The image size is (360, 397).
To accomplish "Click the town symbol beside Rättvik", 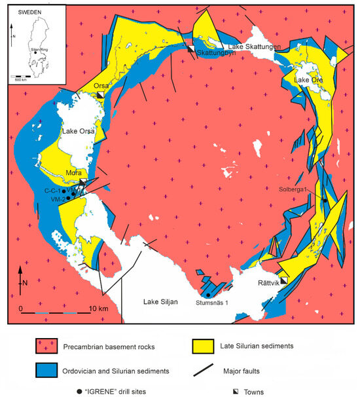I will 284,280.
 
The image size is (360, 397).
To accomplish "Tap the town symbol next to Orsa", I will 100,96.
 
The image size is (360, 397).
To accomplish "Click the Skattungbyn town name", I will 215,53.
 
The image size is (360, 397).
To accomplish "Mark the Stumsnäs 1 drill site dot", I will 207,294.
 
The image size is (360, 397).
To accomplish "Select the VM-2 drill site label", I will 55,198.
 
